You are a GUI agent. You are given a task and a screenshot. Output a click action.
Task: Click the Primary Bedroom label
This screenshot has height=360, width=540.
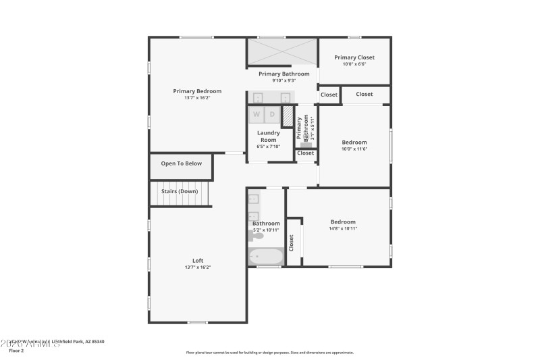pyautogui.click(x=197, y=91)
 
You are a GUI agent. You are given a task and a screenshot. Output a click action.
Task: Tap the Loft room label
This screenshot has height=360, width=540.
pyautogui.click(x=198, y=261)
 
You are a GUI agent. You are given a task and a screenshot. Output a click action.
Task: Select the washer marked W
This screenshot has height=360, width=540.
pyautogui.click(x=256, y=115)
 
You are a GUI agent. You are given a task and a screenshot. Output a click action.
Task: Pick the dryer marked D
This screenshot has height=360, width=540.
pyautogui.click(x=272, y=115)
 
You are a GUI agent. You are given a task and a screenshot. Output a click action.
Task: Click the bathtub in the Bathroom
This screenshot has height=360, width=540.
pyautogui.click(x=266, y=257)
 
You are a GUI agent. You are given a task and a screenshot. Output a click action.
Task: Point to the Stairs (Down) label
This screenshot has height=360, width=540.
pyautogui.click(x=179, y=191)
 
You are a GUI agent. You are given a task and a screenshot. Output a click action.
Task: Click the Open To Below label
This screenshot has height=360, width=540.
pyautogui.click(x=181, y=163)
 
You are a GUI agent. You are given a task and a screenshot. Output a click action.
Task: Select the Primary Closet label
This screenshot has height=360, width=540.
pyautogui.click(x=354, y=57)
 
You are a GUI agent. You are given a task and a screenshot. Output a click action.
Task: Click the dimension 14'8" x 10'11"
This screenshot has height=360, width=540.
pyautogui.click(x=343, y=228)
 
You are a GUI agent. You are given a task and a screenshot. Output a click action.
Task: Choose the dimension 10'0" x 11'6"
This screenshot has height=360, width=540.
pyautogui.click(x=354, y=149)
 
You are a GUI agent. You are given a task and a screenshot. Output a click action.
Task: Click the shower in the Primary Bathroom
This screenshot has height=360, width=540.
pyautogui.click(x=282, y=51)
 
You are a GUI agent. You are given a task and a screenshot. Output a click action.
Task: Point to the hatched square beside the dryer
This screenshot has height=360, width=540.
pyautogui.click(x=288, y=116)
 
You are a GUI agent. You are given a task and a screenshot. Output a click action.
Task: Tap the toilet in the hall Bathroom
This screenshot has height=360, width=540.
pyautogui.click(x=259, y=236)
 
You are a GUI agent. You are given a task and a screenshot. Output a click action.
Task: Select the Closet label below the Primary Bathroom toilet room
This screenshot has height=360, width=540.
pyautogui.click(x=306, y=153)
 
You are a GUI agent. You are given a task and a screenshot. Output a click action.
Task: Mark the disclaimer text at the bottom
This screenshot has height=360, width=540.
pyautogui.click(x=270, y=352)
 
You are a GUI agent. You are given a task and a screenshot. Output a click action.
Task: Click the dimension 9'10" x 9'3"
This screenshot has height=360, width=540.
pyautogui.click(x=283, y=80)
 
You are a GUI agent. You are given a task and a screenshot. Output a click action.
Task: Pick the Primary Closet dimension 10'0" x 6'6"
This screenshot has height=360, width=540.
pyautogui.click(x=354, y=64)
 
